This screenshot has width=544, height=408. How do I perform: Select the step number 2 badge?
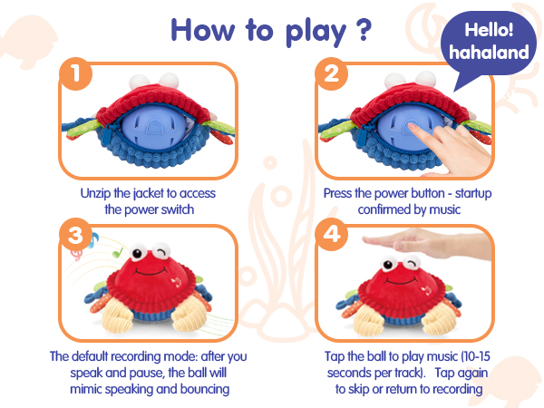(x=331, y=75)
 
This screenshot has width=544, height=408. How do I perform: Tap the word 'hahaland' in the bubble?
(x=488, y=53)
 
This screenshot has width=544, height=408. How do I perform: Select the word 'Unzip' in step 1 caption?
(x=95, y=193)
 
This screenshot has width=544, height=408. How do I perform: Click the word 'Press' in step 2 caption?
(x=340, y=193)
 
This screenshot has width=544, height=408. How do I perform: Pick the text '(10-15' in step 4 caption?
(x=458, y=356)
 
